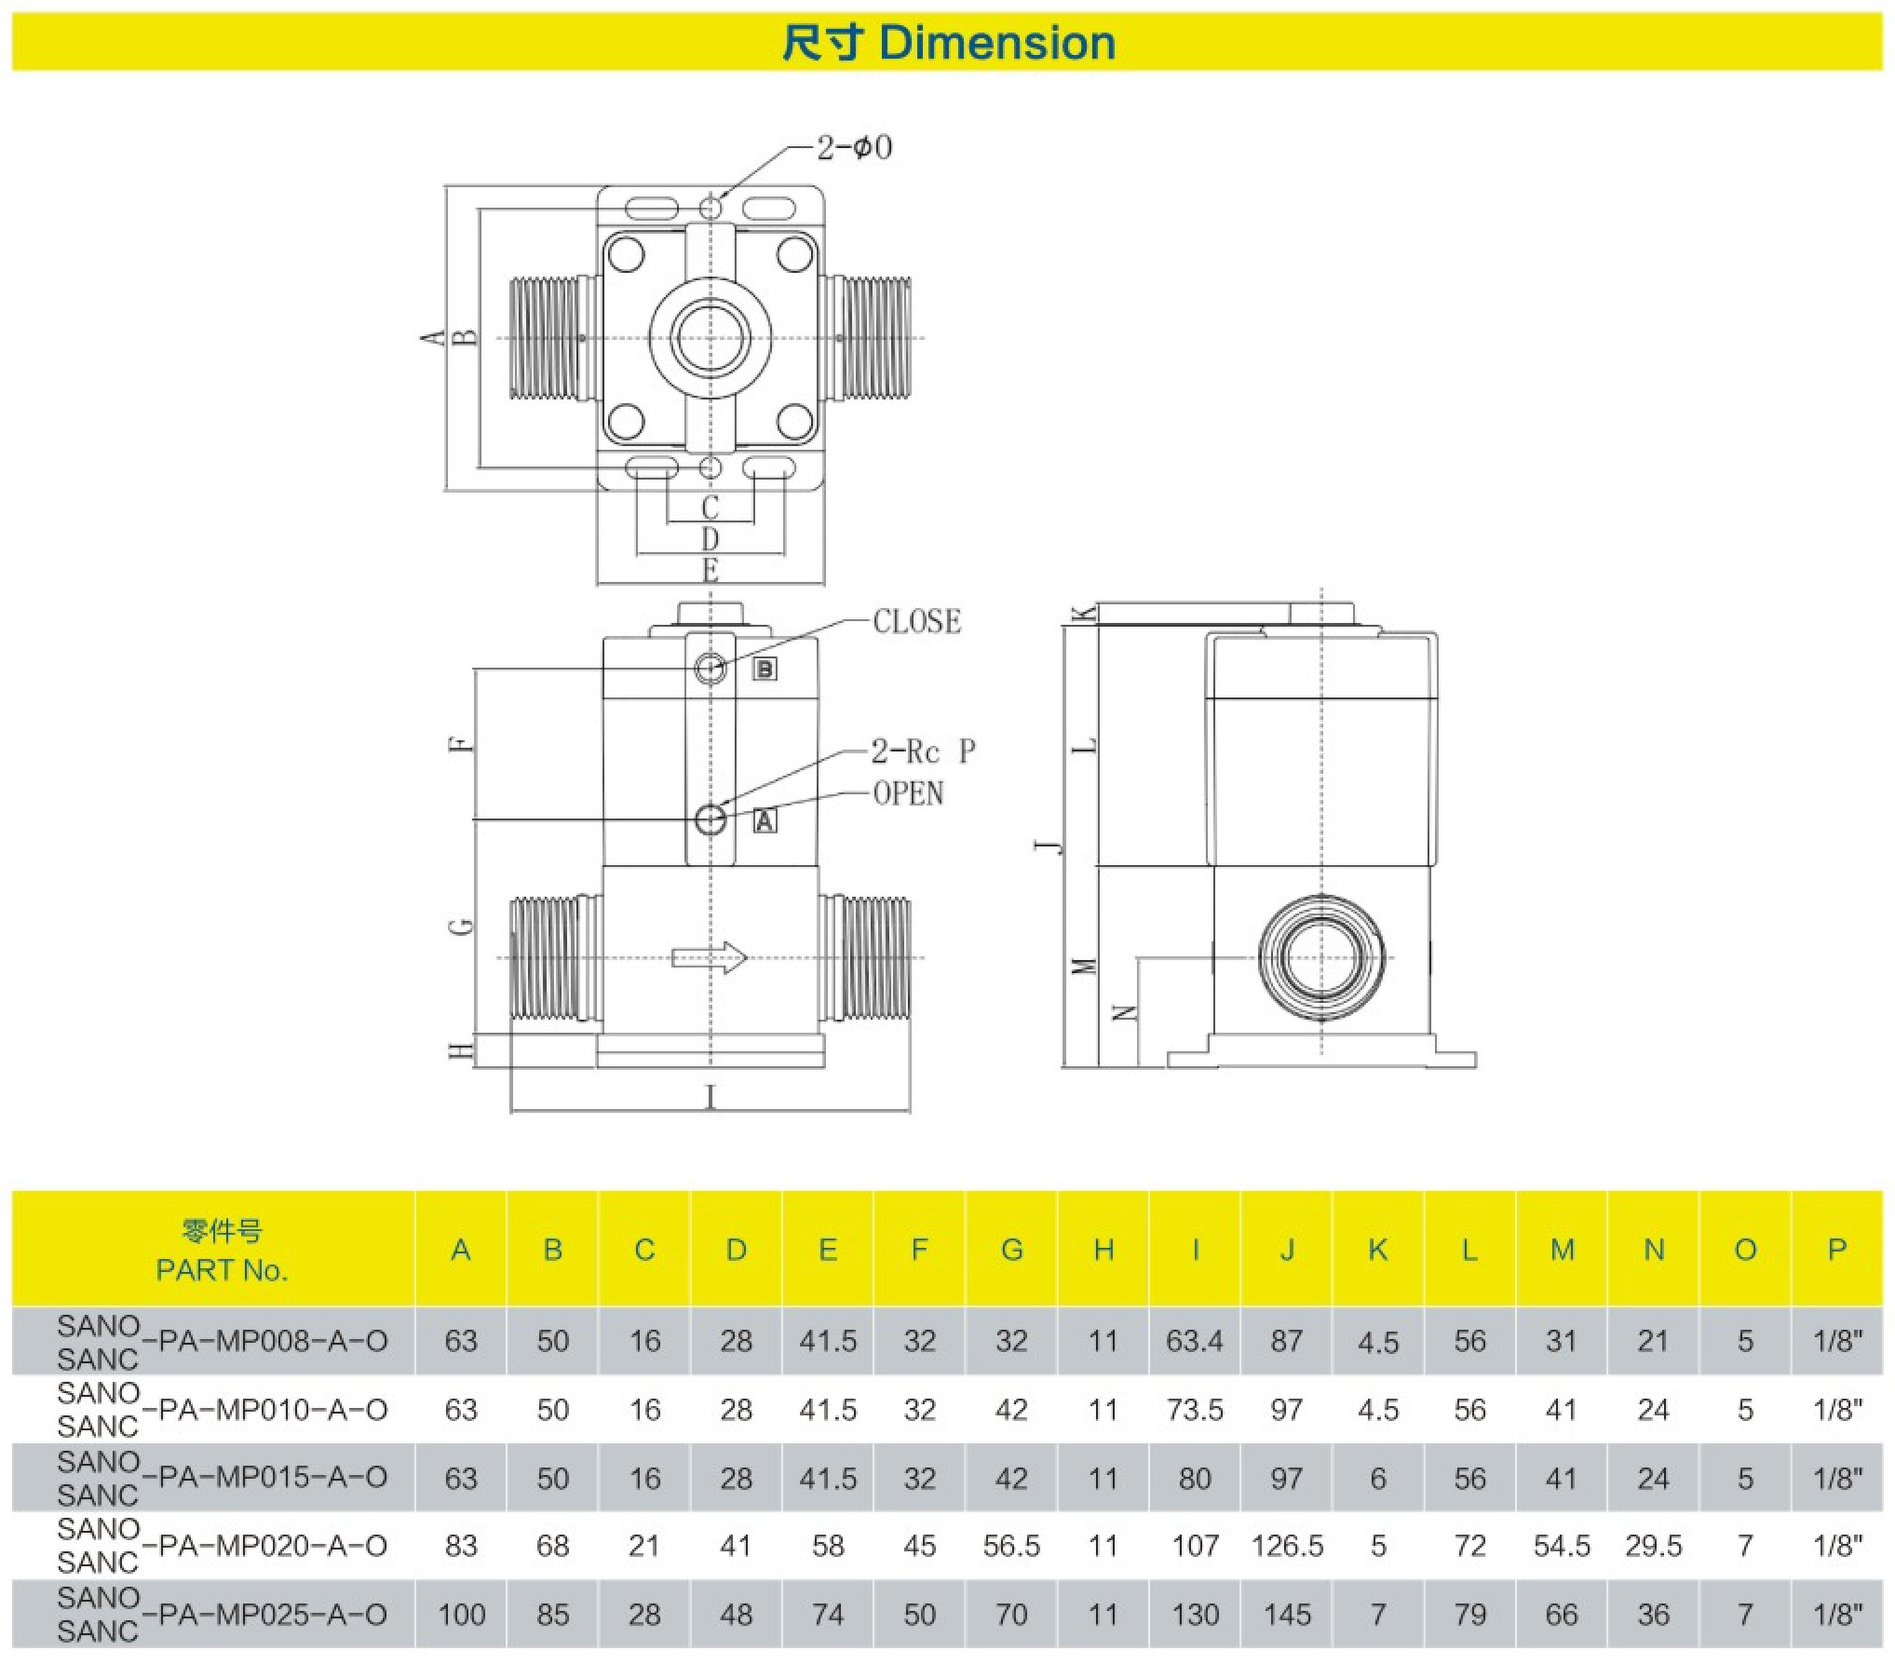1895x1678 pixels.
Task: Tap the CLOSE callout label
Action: point(916,621)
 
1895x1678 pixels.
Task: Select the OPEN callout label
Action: point(908,793)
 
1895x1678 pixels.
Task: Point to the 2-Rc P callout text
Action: point(922,751)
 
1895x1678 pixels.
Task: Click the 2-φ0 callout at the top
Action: point(854,147)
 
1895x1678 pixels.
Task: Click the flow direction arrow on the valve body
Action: point(710,957)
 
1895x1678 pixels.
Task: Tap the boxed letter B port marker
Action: point(765,669)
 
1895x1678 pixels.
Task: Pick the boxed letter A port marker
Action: point(765,820)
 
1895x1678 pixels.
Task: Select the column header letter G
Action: point(1011,1250)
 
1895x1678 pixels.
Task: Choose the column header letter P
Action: point(1836,1250)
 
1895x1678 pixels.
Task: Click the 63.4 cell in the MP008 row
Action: point(1195,1341)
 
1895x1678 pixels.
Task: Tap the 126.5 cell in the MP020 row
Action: point(1287,1546)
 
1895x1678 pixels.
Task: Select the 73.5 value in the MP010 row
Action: point(1195,1410)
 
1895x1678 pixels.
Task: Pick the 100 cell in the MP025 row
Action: point(461,1614)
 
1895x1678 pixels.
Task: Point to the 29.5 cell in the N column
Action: point(1653,1546)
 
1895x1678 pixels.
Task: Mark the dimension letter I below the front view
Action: point(711,1097)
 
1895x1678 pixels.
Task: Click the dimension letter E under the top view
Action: point(711,570)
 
